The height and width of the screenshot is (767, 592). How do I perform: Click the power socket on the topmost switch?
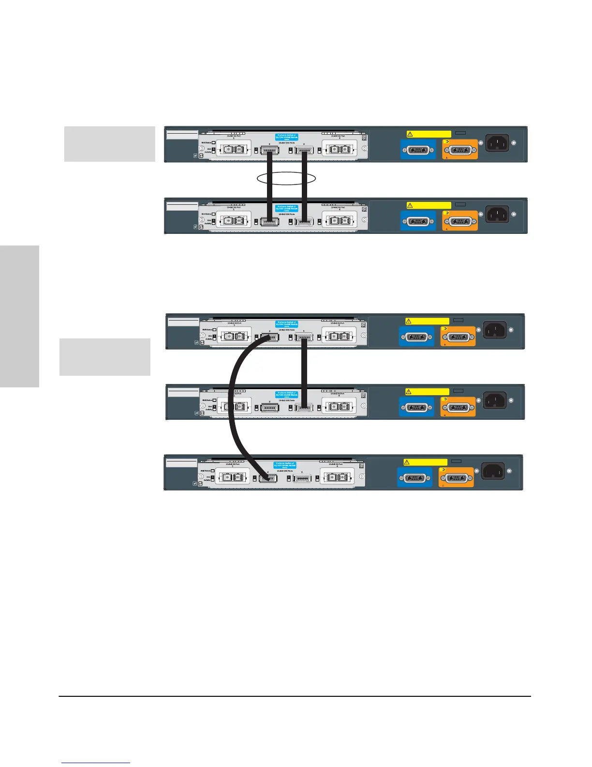[x=497, y=143]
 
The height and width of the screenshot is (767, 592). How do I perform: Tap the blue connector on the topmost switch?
[x=418, y=150]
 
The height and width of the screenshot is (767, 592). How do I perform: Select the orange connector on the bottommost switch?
[x=456, y=477]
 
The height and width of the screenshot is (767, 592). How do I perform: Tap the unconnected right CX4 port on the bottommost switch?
[x=302, y=478]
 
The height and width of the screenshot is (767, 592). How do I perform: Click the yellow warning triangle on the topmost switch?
[x=409, y=134]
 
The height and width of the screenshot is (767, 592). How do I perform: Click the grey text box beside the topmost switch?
[x=110, y=144]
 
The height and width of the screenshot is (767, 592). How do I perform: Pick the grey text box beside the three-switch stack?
[x=105, y=357]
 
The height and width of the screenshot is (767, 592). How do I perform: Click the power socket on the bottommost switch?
[x=493, y=471]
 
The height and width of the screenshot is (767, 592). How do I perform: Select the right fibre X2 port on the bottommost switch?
[x=337, y=478]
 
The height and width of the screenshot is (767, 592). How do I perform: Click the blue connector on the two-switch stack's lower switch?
[x=418, y=221]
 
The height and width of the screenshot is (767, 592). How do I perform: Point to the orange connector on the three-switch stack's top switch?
[x=458, y=337]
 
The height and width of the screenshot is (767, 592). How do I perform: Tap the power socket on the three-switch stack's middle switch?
[x=495, y=400]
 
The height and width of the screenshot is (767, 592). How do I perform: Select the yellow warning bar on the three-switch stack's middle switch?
[x=427, y=392]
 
